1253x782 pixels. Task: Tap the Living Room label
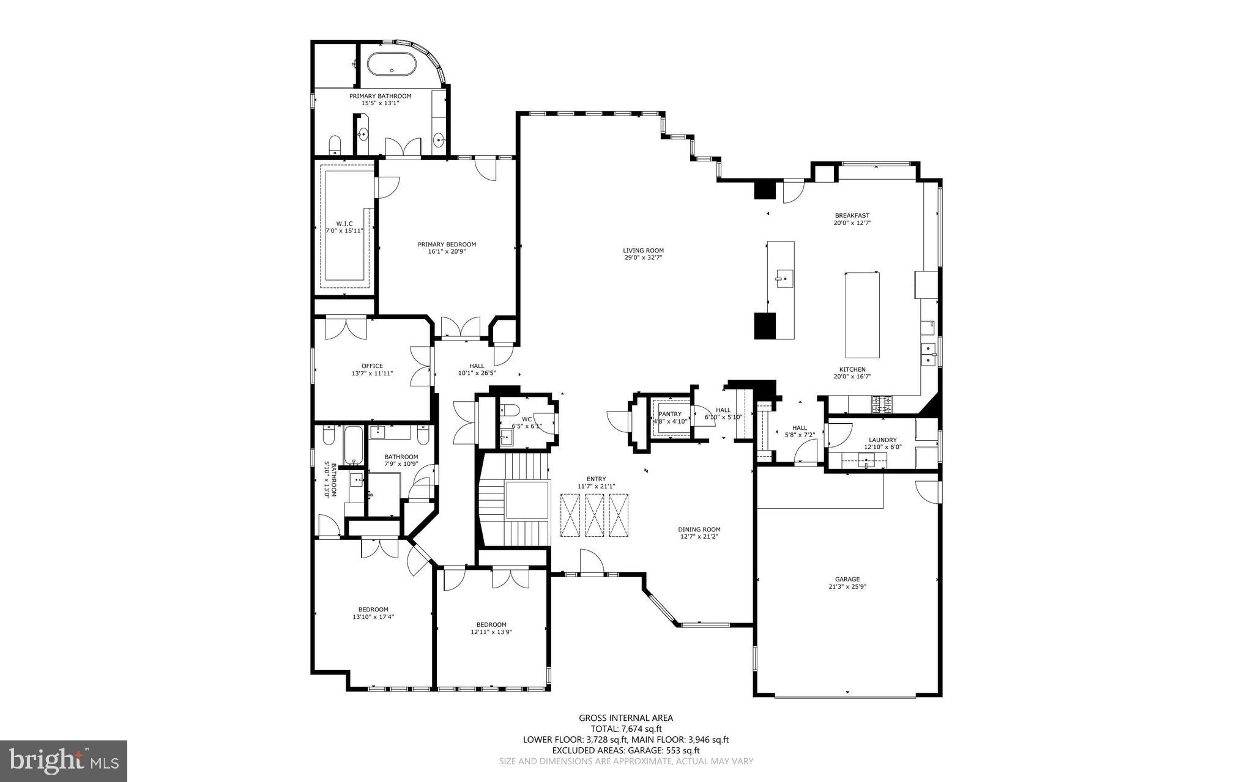[x=643, y=250]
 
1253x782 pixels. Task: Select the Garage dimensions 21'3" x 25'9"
[x=847, y=586]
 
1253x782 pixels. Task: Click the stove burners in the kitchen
[x=882, y=403]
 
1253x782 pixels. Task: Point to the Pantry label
[x=670, y=414]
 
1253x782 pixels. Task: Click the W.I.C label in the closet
[x=344, y=224]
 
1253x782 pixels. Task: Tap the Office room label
[x=372, y=366]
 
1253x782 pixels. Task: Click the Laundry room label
[x=882, y=440]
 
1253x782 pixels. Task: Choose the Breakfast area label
[x=852, y=215]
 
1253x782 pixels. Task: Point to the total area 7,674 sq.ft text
[x=626, y=729]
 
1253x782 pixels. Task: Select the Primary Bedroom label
[x=447, y=245]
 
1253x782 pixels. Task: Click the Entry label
[x=596, y=479]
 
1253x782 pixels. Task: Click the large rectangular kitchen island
[x=863, y=315]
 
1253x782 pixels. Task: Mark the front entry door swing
[x=590, y=563]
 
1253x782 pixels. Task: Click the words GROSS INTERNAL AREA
[x=626, y=718]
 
